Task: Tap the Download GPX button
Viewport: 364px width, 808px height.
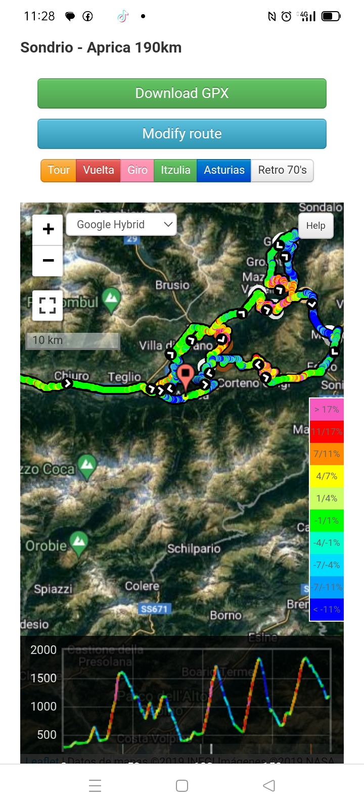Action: [x=182, y=93]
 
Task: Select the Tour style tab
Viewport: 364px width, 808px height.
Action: [x=59, y=170]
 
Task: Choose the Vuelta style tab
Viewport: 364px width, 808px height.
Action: [x=99, y=170]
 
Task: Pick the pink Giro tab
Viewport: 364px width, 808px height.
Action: [x=138, y=170]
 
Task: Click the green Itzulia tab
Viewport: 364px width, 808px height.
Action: [x=175, y=170]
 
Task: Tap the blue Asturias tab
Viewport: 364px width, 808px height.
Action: [x=224, y=170]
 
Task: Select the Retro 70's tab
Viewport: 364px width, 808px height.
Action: [x=282, y=170]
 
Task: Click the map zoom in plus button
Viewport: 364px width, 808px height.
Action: [x=48, y=229]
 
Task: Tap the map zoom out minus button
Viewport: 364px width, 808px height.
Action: [x=48, y=261]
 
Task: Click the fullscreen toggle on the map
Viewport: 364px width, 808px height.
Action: [x=48, y=305]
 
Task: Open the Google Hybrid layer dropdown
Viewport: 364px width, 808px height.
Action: [x=121, y=225]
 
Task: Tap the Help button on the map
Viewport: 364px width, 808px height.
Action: [x=315, y=226]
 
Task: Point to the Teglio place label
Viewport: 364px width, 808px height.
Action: [x=124, y=377]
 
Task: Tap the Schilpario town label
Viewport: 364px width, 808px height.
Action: [x=194, y=548]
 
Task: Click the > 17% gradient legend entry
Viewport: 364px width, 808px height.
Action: [x=327, y=410]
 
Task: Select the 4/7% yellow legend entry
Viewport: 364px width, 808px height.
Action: [x=327, y=476]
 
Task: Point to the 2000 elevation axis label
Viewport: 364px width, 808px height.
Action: [x=43, y=650]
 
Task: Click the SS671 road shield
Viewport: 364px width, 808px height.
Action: [x=154, y=609]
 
